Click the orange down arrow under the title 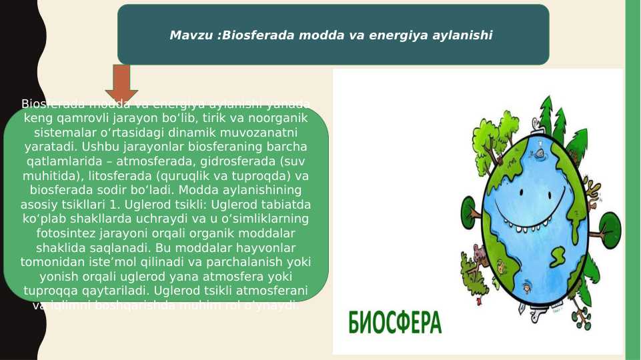[121, 83]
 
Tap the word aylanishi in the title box [464, 35]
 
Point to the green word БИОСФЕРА [395, 323]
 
